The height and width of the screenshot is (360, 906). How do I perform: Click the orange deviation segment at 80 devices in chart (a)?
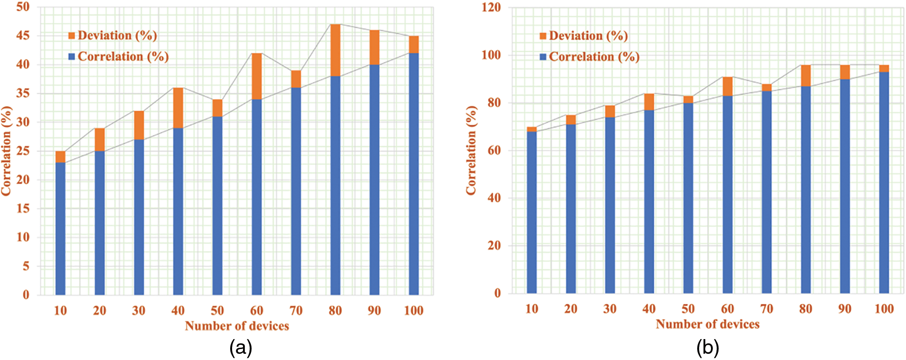coord(335,50)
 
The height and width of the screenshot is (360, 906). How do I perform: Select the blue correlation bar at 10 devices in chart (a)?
coord(60,228)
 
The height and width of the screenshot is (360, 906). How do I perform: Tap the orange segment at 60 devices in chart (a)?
coord(257,76)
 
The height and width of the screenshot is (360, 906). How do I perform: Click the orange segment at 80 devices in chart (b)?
coord(806,76)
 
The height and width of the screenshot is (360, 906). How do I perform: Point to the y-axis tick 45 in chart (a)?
coord(23,36)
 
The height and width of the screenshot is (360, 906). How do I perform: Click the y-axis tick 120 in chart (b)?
coord(491,7)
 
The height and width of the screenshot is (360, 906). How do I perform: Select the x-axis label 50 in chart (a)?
coord(217,311)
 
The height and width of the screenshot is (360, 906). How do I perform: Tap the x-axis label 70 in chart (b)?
coord(767,309)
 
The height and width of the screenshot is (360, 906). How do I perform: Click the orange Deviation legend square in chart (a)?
coord(72,36)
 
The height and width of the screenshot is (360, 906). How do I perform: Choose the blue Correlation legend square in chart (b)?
coord(543,57)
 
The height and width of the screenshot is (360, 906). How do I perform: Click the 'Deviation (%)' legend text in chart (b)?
coord(588,36)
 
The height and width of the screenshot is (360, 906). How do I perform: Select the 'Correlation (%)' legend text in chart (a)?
coord(123,57)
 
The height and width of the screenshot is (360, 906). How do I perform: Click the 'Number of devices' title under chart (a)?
coord(237,326)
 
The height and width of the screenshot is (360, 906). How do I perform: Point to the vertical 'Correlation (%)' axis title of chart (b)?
coord(471,150)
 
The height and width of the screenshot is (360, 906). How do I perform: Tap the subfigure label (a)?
coord(241,348)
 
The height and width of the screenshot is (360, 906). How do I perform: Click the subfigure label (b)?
coord(708,348)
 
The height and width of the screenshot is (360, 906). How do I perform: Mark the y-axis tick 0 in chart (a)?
coord(26,295)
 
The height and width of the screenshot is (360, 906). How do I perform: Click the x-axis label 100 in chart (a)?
coord(413,311)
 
